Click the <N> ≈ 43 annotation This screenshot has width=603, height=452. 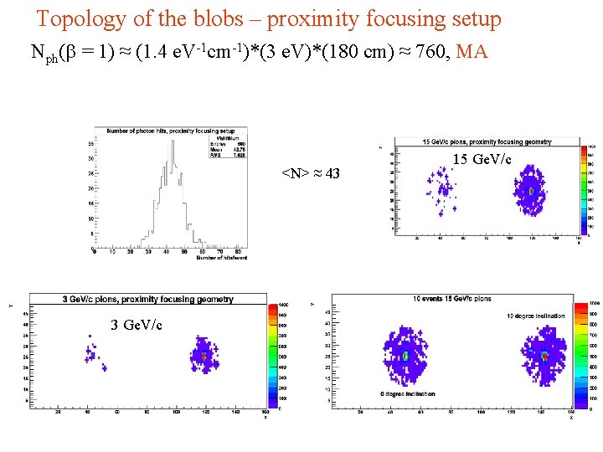tap(310, 173)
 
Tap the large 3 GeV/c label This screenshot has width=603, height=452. tap(137, 325)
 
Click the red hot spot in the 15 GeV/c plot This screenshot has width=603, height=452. tap(531, 191)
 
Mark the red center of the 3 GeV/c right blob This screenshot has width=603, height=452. tap(204, 357)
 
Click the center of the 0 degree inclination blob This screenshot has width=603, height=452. tap(405, 355)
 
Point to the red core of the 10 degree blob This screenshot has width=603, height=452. tap(544, 356)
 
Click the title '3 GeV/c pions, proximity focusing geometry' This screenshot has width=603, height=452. tap(147, 299)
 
